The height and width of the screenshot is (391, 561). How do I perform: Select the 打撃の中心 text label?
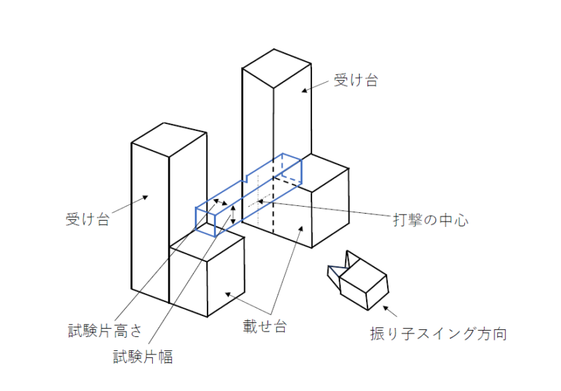[430, 220]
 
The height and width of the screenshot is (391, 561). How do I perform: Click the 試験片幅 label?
[143, 357]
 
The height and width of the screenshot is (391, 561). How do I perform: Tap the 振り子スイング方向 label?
[438, 334]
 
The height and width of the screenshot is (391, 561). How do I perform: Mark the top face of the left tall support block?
[169, 140]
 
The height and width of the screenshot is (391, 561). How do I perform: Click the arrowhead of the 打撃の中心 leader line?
[259, 202]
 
